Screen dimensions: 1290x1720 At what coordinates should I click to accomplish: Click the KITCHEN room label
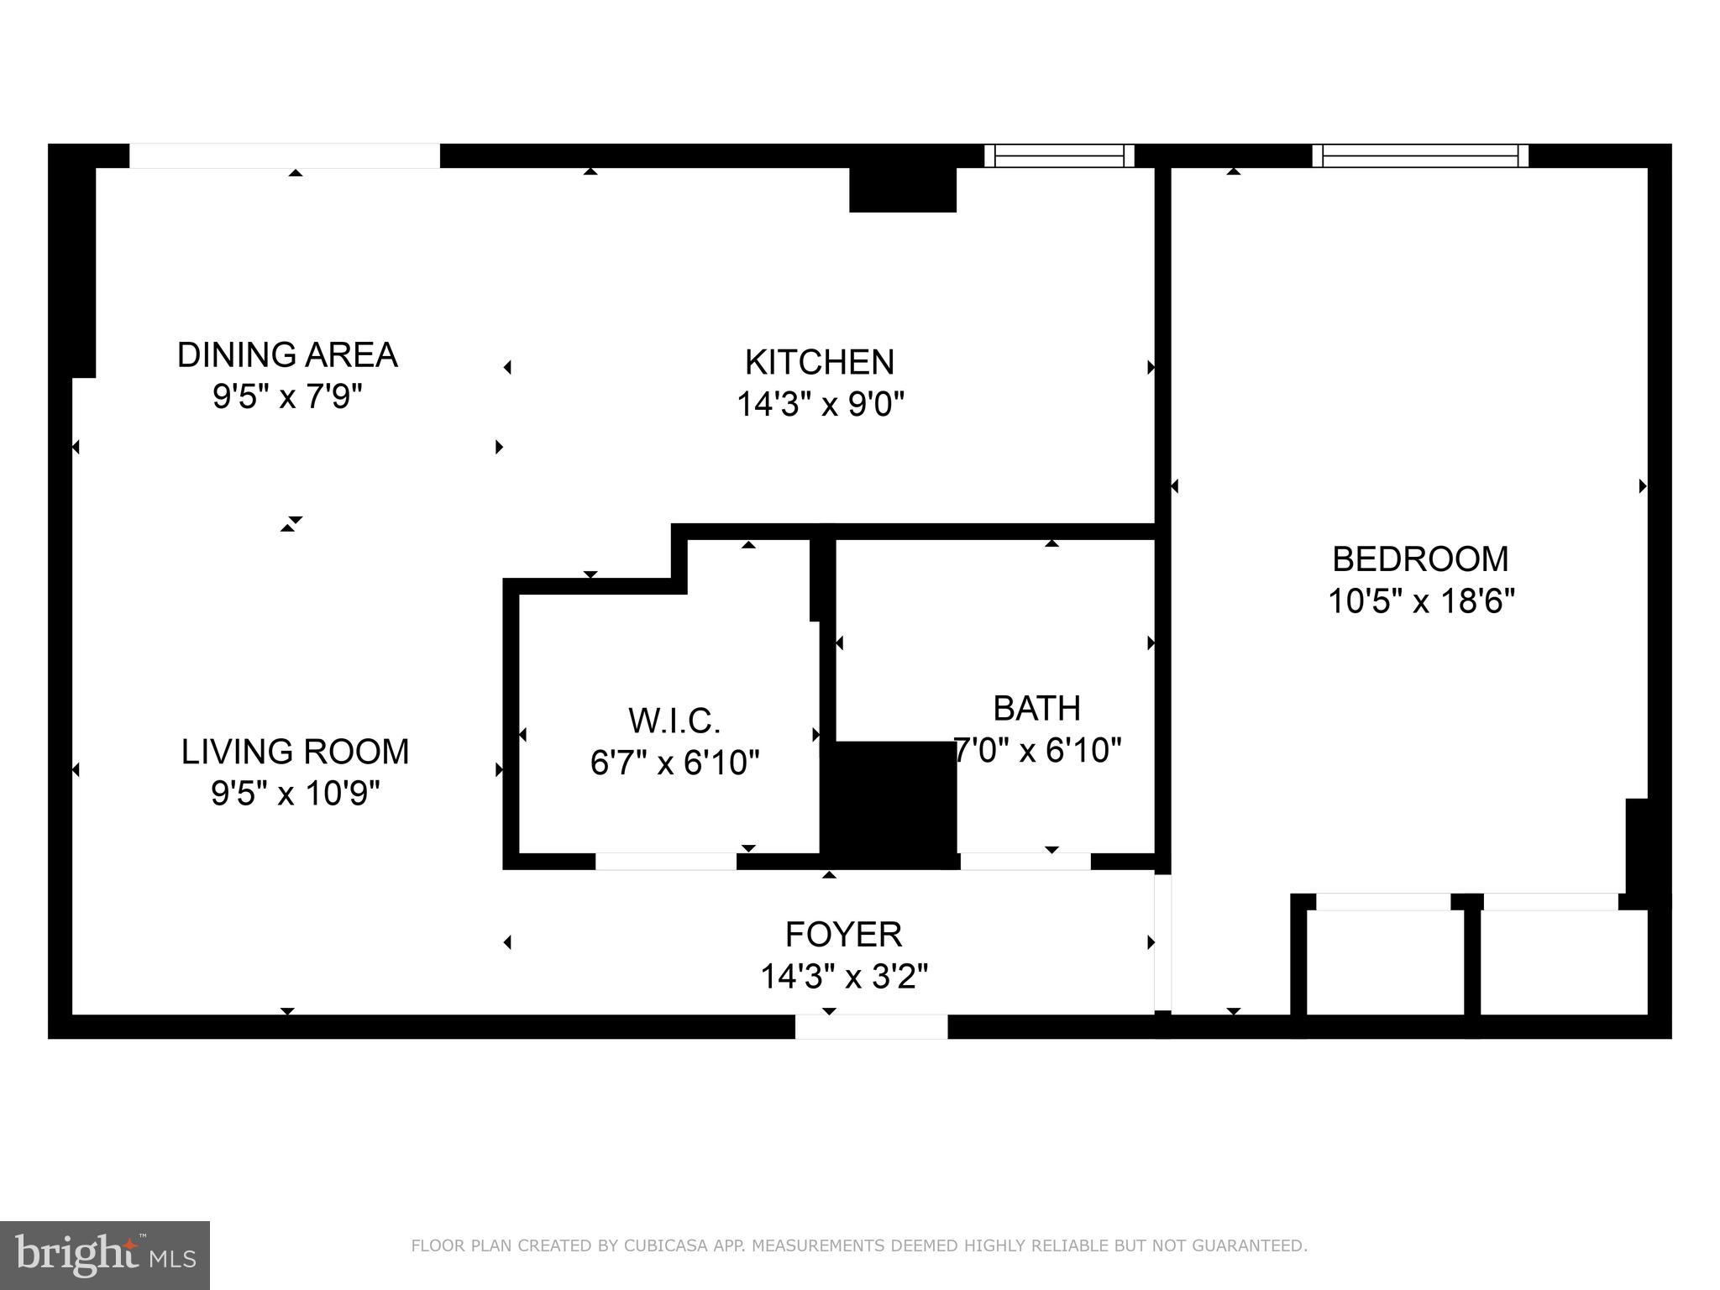(x=819, y=363)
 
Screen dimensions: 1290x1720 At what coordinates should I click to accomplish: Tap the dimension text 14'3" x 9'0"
(x=820, y=405)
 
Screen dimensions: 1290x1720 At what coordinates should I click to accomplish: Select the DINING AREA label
(x=286, y=355)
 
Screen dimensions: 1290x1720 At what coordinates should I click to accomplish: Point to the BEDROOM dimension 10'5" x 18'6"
(x=1420, y=601)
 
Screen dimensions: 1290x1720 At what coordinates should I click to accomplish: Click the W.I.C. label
(x=674, y=721)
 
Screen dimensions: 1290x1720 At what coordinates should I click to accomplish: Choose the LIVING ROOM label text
(x=295, y=752)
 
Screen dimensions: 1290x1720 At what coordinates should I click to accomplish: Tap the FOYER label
(x=843, y=934)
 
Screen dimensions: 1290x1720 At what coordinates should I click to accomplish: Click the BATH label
(x=1036, y=709)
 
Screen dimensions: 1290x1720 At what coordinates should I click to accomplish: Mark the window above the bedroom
(x=1419, y=155)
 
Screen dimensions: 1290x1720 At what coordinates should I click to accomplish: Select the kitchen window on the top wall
(x=1058, y=155)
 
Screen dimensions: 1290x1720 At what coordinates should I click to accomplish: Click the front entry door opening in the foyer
(x=871, y=1026)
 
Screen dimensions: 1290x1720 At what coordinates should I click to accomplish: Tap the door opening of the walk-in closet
(x=665, y=861)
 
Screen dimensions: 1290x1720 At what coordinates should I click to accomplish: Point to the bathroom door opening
(x=1025, y=861)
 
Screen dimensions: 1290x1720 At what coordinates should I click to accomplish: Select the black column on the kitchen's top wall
(x=902, y=189)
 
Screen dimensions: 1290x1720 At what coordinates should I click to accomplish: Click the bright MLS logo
(x=104, y=1256)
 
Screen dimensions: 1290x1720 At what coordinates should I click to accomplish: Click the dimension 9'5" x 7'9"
(x=286, y=396)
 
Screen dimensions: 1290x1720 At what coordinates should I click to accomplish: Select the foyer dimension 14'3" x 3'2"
(x=843, y=977)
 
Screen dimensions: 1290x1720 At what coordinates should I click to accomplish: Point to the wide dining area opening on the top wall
(x=284, y=155)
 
